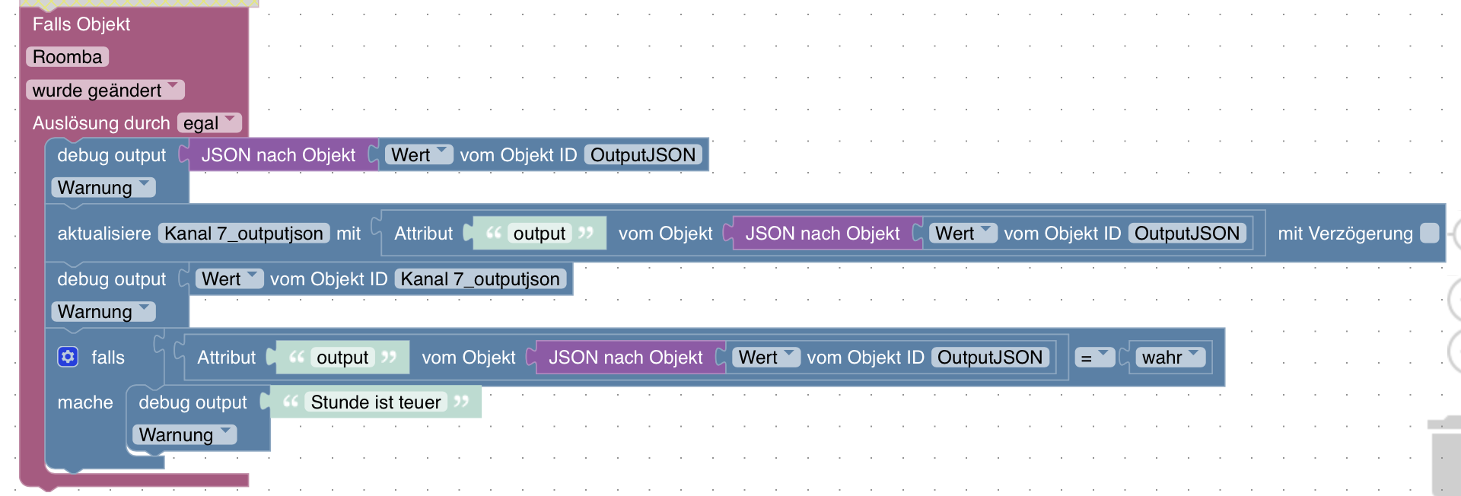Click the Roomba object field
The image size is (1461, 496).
(67, 57)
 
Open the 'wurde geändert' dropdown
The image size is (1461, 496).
(105, 90)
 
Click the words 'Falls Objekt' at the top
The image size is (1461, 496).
(81, 24)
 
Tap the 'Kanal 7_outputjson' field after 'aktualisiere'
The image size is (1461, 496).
(243, 234)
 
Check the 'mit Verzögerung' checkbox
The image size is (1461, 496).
(1430, 234)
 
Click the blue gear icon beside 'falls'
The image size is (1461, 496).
(68, 357)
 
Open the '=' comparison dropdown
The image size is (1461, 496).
(1094, 358)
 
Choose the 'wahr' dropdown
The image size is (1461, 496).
(1170, 358)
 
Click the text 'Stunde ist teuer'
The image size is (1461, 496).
(376, 402)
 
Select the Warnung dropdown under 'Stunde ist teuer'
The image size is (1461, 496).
(184, 435)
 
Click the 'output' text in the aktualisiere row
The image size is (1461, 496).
(539, 234)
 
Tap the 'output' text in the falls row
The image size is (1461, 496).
(342, 358)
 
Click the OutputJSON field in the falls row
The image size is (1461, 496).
(990, 358)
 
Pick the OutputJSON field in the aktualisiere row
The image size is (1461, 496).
(1187, 234)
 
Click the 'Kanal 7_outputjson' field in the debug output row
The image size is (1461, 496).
(480, 279)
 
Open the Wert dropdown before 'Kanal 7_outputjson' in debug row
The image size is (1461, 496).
(229, 279)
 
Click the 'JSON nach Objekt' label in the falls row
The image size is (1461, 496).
(625, 358)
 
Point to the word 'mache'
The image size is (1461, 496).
(85, 402)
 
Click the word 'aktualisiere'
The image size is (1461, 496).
(104, 234)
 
